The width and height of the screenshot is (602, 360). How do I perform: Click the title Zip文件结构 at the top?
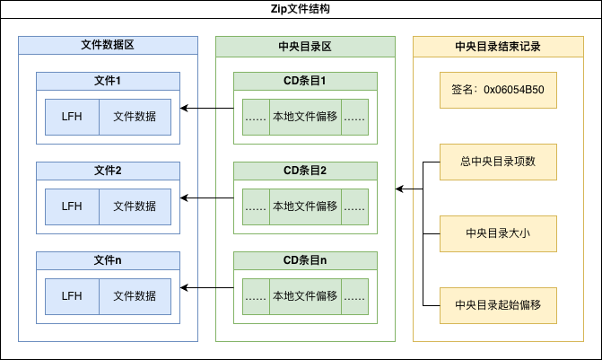[x=301, y=9]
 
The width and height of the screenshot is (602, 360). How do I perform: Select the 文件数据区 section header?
[x=108, y=45]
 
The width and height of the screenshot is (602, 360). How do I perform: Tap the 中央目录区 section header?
[x=305, y=45]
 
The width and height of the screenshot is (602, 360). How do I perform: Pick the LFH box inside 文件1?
[x=72, y=117]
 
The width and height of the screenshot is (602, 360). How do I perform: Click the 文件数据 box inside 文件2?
[x=135, y=206]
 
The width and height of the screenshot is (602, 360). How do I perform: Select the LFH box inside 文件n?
[x=72, y=296]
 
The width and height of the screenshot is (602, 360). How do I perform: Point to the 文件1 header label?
[x=108, y=81]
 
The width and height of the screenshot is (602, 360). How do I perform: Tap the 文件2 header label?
[x=108, y=171]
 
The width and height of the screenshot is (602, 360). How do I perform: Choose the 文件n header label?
[x=108, y=260]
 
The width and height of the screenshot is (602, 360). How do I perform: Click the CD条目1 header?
[x=305, y=81]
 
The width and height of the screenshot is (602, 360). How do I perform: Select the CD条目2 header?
[x=305, y=171]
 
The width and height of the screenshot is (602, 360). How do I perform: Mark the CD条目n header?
[x=305, y=260]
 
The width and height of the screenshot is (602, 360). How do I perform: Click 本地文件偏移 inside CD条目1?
[x=305, y=117]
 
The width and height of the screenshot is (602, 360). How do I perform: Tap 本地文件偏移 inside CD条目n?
[x=305, y=296]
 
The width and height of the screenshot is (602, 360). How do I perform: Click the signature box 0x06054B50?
[x=498, y=90]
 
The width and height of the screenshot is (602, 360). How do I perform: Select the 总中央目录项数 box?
[x=498, y=162]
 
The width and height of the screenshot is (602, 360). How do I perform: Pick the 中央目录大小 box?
[x=498, y=233]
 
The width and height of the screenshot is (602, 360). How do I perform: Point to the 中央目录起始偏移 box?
[x=498, y=305]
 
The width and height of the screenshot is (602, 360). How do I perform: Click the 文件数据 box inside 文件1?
[x=135, y=117]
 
